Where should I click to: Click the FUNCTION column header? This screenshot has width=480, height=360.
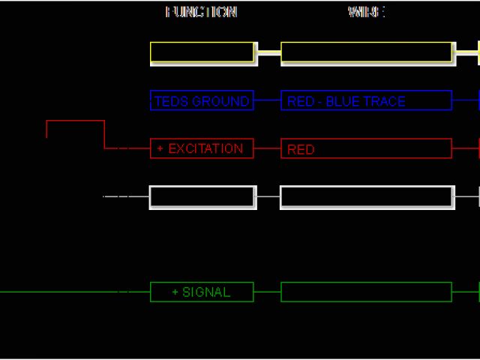(x=201, y=12)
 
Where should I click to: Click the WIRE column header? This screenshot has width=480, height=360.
(x=367, y=12)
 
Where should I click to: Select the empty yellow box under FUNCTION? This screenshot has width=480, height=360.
(x=202, y=52)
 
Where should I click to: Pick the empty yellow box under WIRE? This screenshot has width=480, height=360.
(x=367, y=52)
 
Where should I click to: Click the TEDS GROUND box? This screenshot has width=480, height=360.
(x=202, y=100)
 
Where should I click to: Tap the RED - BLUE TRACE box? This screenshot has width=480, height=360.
(x=367, y=100)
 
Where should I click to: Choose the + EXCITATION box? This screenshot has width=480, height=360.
(x=202, y=148)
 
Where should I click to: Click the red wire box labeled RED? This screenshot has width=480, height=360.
(x=367, y=148)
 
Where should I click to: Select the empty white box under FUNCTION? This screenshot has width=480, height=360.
(x=202, y=197)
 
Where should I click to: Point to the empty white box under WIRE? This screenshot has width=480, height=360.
(x=367, y=197)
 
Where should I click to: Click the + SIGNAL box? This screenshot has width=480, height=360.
(x=202, y=292)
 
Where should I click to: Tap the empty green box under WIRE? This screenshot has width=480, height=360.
(x=367, y=292)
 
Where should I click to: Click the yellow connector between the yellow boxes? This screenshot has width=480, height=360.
(x=268, y=52)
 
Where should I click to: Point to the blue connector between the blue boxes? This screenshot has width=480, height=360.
(x=268, y=100)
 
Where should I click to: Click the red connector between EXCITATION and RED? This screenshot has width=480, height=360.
(x=268, y=148)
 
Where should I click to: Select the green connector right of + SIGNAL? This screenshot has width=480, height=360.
(x=268, y=292)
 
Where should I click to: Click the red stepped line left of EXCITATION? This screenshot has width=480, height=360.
(x=75, y=121)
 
